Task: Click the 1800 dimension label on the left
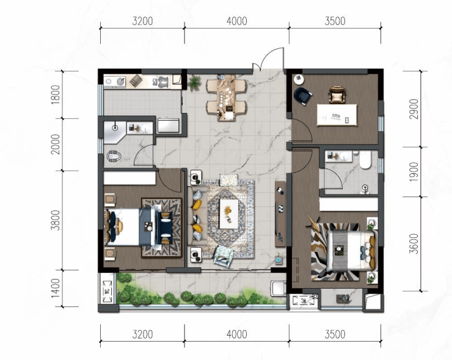tap(55, 95)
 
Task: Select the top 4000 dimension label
tap(236, 21)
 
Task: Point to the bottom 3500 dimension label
tap(335, 334)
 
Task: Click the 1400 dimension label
tap(55, 288)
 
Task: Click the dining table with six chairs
tap(227, 98)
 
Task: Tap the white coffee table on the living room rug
tap(229, 214)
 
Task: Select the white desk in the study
tap(337, 115)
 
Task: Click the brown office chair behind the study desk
tap(337, 94)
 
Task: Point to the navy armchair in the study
tap(302, 96)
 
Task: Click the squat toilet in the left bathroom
tap(114, 156)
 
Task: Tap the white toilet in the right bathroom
tap(365, 160)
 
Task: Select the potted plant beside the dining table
tap(194, 83)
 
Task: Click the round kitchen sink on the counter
tap(121, 82)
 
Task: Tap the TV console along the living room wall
tap(280, 214)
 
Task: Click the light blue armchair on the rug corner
tap(223, 256)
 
